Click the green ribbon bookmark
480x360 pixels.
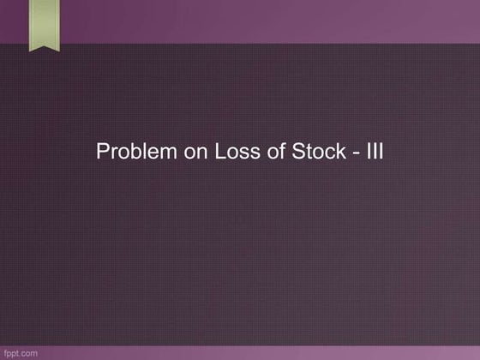click(42, 24)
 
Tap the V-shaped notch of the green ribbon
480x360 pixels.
click(42, 45)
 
